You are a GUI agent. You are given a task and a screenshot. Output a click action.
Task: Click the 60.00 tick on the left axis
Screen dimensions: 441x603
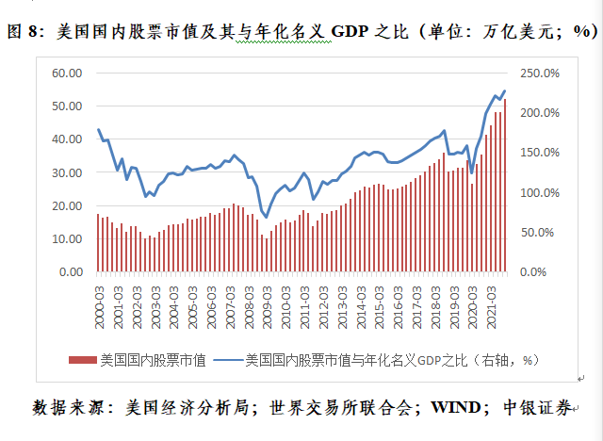(x=69, y=73)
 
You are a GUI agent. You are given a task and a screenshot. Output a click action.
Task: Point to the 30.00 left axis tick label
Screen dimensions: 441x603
(x=69, y=172)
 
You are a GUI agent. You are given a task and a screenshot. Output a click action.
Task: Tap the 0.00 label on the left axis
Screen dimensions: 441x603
(x=72, y=272)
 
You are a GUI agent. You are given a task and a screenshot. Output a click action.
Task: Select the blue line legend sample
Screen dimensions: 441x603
(x=223, y=359)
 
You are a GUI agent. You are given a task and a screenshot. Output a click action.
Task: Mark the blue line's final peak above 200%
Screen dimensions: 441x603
(x=505, y=91)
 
